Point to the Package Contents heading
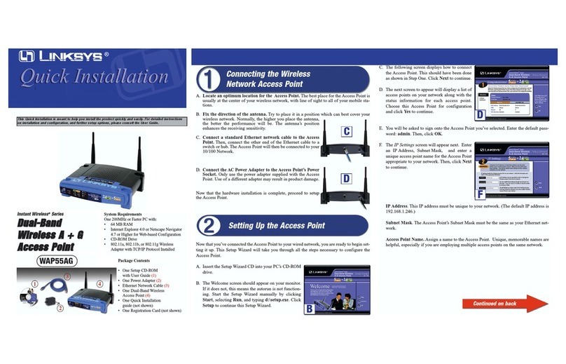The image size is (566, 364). click(134, 261)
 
